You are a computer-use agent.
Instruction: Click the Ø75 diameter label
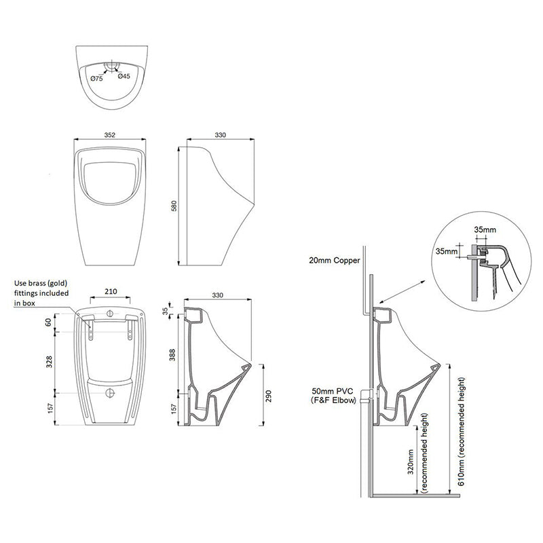pyautogui.click(x=96, y=78)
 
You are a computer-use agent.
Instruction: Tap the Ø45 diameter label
pyautogui.click(x=124, y=77)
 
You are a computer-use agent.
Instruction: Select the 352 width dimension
pyautogui.click(x=110, y=135)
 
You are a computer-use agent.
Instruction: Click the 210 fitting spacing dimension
pyautogui.click(x=111, y=292)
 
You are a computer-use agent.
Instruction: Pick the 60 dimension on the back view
pyautogui.click(x=48, y=322)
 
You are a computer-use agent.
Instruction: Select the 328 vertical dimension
pyautogui.click(x=48, y=362)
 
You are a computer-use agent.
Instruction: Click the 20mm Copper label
pyautogui.click(x=333, y=260)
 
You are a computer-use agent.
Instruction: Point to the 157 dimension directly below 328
pyautogui.click(x=48, y=409)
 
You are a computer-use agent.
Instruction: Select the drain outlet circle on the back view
pyautogui.click(x=111, y=392)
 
